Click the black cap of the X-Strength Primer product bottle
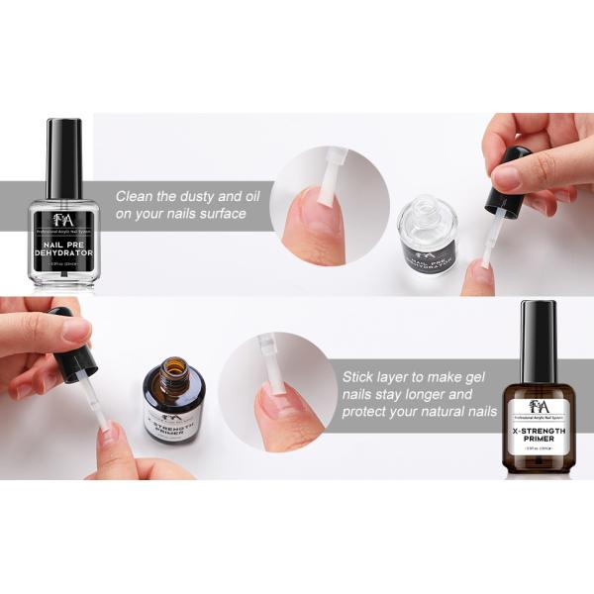point(538,330)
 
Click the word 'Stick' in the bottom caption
point(360,376)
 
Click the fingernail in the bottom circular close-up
point(280,400)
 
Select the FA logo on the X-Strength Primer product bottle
point(538,405)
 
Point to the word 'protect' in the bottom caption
point(369,412)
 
